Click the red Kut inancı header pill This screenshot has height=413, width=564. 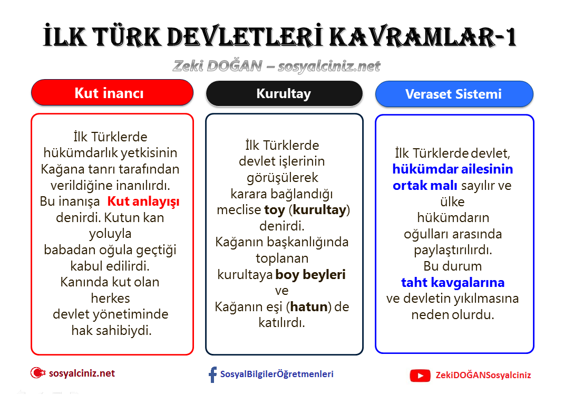click(x=112, y=93)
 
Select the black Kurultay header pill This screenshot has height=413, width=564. click(x=284, y=94)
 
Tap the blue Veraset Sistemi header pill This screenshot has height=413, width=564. click(x=453, y=94)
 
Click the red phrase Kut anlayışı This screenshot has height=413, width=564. click(x=143, y=201)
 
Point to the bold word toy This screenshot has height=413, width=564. click(x=274, y=210)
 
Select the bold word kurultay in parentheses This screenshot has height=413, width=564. click(x=320, y=210)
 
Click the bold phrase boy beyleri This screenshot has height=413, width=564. click(x=310, y=275)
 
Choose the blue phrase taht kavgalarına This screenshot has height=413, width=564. click(x=453, y=282)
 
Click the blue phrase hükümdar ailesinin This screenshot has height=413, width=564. click(x=452, y=169)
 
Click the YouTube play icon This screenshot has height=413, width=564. click(x=420, y=376)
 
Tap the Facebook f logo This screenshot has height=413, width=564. click(x=212, y=375)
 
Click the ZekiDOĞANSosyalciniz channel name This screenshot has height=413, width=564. click(x=483, y=376)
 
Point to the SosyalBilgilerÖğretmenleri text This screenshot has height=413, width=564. click(x=277, y=374)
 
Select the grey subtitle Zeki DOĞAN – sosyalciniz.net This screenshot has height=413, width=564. click(x=277, y=66)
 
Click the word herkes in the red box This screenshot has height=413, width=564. click(x=110, y=298)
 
